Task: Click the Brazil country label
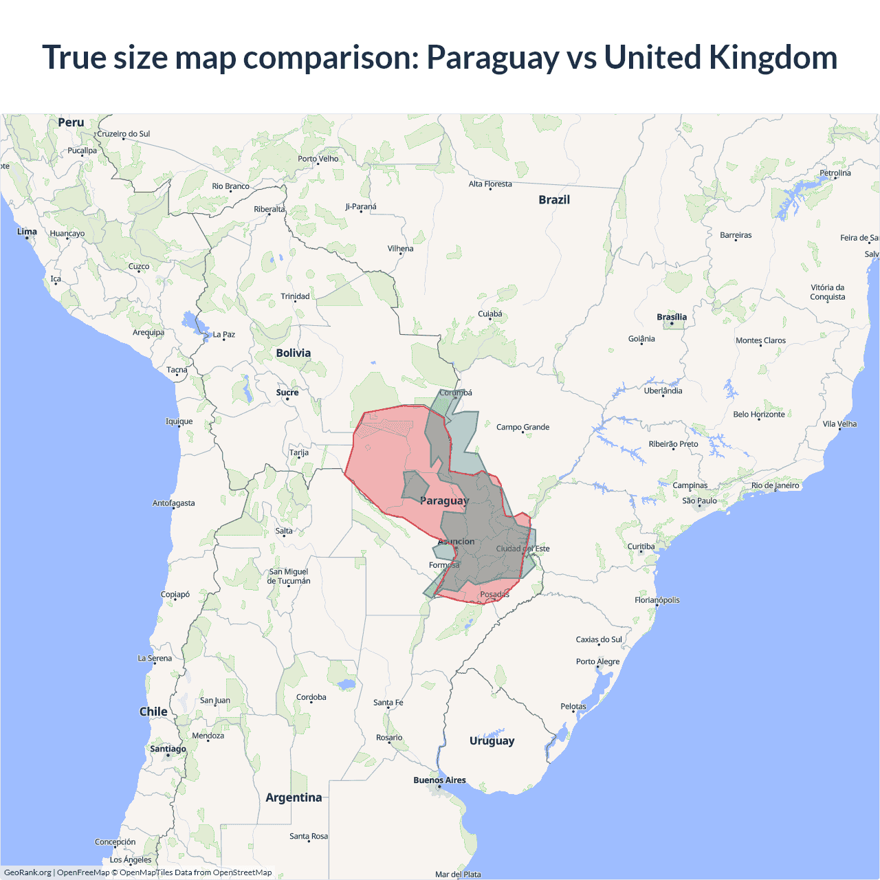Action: pos(554,200)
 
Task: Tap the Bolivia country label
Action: pos(294,353)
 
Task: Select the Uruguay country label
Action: pos(492,741)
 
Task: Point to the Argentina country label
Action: pos(294,797)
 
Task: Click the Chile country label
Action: pos(153,712)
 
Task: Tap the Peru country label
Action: pos(71,122)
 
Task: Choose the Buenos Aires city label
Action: pos(439,780)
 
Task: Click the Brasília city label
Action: pos(672,317)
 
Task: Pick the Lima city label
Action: pos(27,232)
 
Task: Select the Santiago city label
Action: pos(168,749)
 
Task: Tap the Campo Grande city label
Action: pos(522,427)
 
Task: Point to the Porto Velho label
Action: pos(318,159)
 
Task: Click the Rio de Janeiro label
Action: pos(775,485)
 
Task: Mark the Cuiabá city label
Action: pos(490,314)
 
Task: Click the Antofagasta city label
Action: pos(173,503)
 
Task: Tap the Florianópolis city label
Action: pos(657,600)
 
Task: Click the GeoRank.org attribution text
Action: pos(27,872)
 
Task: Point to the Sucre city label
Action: pos(287,393)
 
